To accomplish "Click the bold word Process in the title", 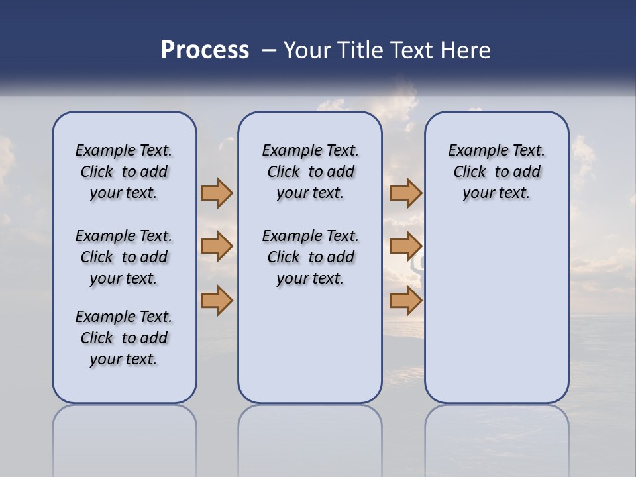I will pyautogui.click(x=205, y=50).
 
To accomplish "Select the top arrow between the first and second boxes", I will pyautogui.click(x=217, y=193).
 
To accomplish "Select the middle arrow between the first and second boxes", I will pyautogui.click(x=217, y=246).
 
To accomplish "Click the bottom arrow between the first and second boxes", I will pyautogui.click(x=217, y=301).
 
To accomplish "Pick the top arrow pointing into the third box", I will pyautogui.click(x=405, y=193).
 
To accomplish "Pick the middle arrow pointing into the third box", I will pyautogui.click(x=405, y=246).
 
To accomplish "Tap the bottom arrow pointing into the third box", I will pyautogui.click(x=405, y=301).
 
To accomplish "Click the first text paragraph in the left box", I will pyautogui.click(x=124, y=172).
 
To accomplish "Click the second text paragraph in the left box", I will pyautogui.click(x=124, y=257).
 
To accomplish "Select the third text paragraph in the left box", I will pyautogui.click(x=124, y=338).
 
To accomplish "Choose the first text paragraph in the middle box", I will pyautogui.click(x=310, y=172).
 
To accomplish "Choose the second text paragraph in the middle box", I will pyautogui.click(x=310, y=257).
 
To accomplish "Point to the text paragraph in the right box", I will pyautogui.click(x=496, y=172).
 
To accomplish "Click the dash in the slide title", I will pyautogui.click(x=270, y=50).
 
